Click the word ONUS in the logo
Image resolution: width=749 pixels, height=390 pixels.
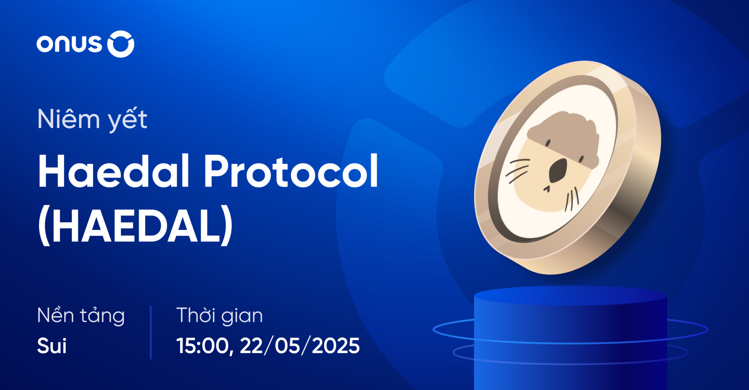(x=69, y=44)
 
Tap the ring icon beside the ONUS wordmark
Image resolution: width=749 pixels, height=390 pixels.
(x=121, y=44)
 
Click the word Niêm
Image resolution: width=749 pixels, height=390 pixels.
(x=68, y=119)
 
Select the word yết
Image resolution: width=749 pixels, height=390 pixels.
(x=128, y=120)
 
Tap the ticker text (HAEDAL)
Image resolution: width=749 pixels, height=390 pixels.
(x=135, y=225)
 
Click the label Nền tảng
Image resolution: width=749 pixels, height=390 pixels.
(x=81, y=316)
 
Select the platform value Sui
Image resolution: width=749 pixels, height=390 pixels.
(x=52, y=345)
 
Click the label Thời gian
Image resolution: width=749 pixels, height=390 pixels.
(x=219, y=316)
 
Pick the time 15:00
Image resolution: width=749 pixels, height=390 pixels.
(x=203, y=345)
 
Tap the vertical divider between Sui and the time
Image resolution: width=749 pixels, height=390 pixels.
(x=151, y=332)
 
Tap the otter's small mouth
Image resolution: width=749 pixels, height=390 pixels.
(x=547, y=189)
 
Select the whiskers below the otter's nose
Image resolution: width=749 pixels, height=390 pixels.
(x=571, y=200)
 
